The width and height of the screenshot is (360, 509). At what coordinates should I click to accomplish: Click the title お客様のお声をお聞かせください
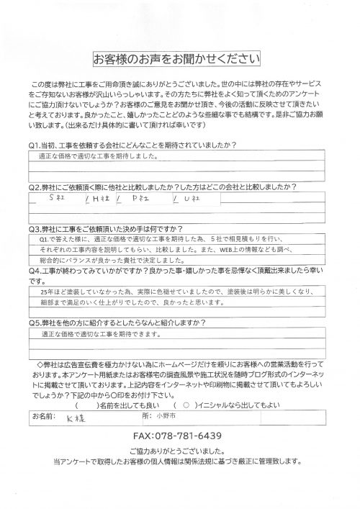tap(180, 57)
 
